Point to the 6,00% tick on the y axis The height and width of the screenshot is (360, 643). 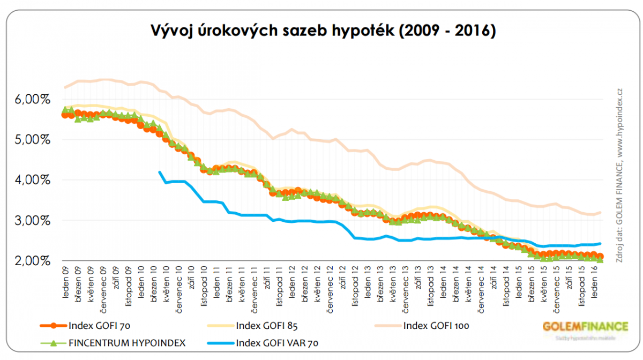30,100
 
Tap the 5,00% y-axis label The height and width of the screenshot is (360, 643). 30,140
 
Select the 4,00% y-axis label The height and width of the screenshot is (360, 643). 30,180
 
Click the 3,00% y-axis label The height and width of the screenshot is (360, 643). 30,221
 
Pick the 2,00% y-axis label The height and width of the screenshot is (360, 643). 30,261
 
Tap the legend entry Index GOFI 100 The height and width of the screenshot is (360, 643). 437,325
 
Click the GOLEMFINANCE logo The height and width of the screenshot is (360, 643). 585,327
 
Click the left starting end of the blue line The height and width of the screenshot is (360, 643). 160,172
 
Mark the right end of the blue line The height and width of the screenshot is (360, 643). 600,244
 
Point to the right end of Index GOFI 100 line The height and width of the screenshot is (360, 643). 600,212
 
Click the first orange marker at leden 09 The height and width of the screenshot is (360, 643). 65,114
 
